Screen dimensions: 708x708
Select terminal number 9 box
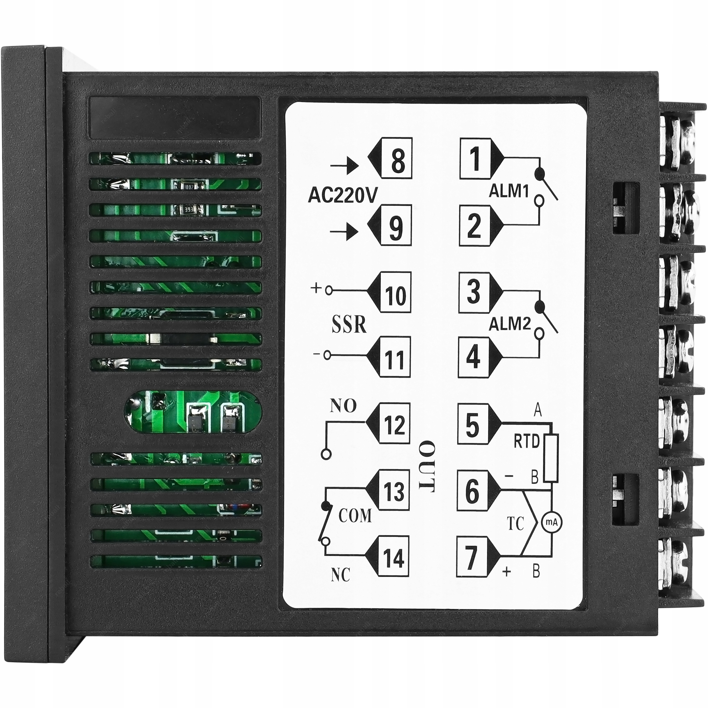coord(396,225)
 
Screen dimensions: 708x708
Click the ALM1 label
coord(509,191)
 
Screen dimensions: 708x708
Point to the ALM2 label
coord(510,324)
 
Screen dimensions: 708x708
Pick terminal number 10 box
coord(395,292)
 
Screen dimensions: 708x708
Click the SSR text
coord(349,324)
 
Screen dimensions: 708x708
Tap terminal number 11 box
coord(395,357)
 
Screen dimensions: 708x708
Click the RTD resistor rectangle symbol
coord(551,458)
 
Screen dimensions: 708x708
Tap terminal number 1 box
coord(475,158)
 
